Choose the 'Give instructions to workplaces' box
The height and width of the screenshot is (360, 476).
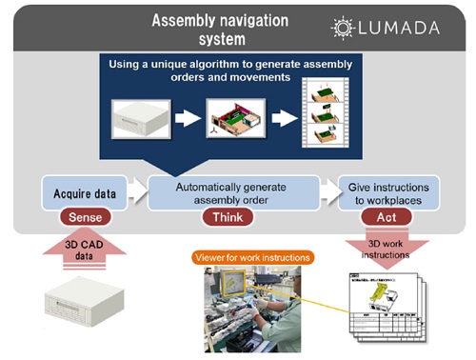(x=389, y=193)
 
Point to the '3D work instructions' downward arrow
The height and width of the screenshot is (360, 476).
(x=388, y=250)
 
